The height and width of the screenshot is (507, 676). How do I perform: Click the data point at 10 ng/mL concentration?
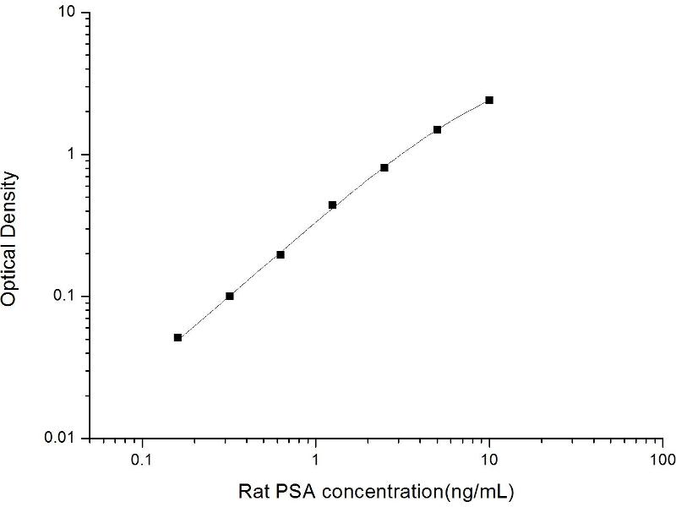tap(489, 100)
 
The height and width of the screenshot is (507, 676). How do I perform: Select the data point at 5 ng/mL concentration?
tap(438, 129)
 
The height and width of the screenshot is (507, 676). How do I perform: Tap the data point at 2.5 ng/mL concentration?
tap(384, 167)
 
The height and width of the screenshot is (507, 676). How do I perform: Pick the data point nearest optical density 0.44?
tap(333, 204)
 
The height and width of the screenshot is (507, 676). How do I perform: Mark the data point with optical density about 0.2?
tap(281, 254)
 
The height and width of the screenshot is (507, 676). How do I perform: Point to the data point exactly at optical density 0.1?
tap(230, 296)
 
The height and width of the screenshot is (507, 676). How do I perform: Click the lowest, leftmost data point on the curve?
tap(178, 337)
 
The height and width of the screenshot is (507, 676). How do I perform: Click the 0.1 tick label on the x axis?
tap(142, 462)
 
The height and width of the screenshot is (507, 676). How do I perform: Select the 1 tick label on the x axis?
tap(316, 462)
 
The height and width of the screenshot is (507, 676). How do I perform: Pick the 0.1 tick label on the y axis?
tap(64, 297)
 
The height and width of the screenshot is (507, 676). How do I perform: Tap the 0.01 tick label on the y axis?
tap(61, 438)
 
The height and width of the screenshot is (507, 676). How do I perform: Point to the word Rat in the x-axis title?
tap(253, 490)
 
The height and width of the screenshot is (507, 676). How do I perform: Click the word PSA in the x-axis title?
tap(289, 490)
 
